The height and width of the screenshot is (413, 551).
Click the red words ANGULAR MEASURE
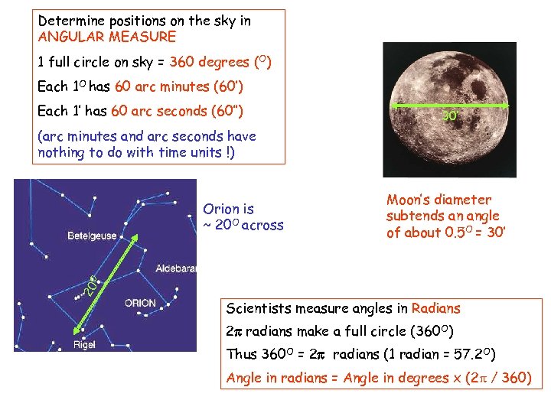click(x=107, y=37)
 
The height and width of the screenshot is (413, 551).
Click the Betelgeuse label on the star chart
click(x=92, y=236)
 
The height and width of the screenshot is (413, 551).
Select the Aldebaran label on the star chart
click(x=175, y=268)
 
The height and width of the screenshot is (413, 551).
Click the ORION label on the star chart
click(x=140, y=303)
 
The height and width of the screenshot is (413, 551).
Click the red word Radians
click(x=435, y=308)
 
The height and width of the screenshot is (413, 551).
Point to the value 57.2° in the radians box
click(x=473, y=354)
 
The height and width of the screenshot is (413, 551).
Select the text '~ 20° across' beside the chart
click(x=243, y=225)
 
